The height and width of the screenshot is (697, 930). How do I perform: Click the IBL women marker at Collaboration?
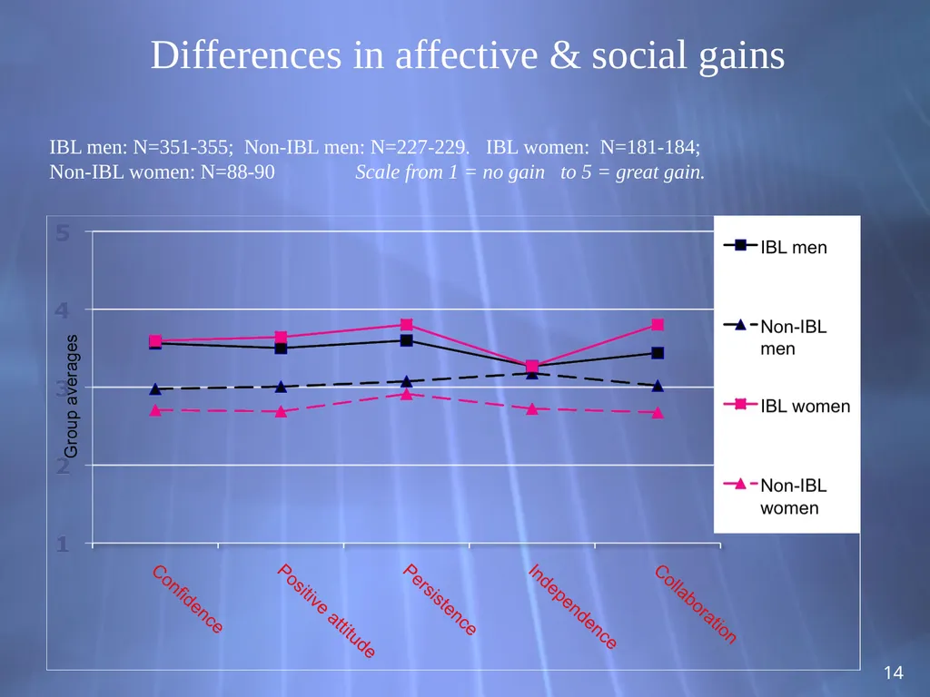coord(658,324)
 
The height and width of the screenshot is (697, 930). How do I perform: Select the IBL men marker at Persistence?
coord(406,340)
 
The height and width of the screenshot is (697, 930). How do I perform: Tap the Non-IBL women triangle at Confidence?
coord(155,410)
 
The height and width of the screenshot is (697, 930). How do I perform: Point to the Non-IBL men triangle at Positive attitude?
coord(282,387)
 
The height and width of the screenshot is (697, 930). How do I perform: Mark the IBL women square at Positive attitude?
coord(282,338)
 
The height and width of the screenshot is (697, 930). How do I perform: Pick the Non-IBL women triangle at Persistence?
coord(406,394)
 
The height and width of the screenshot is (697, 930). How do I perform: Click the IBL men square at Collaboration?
coord(658,353)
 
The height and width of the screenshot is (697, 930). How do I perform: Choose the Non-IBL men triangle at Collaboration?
coord(658,385)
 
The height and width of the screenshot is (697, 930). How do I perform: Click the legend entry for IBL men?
coord(776,247)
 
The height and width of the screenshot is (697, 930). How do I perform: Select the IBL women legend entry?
coord(787,406)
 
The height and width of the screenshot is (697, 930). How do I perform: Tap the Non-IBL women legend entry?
coord(776,496)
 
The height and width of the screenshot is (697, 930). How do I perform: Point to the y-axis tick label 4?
coord(63,310)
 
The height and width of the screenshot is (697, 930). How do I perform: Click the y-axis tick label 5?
coord(63,233)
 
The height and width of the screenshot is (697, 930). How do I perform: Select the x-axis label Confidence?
coord(187,599)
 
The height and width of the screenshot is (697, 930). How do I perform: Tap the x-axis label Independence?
coord(572,606)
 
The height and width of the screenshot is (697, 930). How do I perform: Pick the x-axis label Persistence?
coord(440,600)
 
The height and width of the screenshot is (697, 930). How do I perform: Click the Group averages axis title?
coord(71,397)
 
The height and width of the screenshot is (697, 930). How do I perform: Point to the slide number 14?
coord(894,672)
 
